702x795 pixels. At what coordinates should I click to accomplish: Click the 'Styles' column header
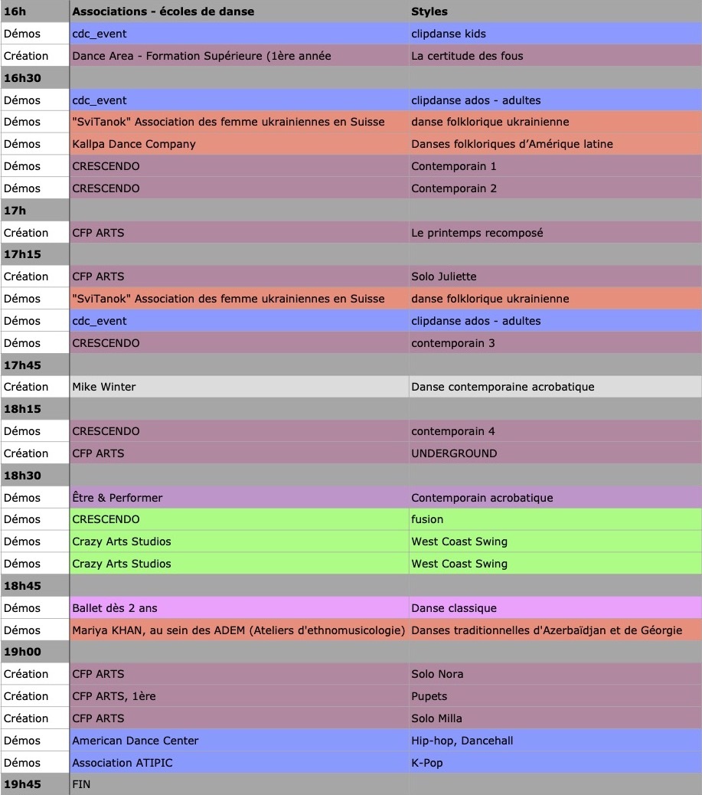click(429, 11)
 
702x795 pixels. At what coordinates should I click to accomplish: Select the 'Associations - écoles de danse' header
click(163, 11)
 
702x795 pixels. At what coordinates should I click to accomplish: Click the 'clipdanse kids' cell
click(449, 34)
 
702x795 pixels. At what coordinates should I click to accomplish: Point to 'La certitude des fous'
click(467, 56)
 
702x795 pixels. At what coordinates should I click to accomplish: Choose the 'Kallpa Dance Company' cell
click(134, 144)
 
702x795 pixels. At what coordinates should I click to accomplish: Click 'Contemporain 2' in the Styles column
click(454, 188)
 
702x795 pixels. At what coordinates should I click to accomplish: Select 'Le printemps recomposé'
click(477, 233)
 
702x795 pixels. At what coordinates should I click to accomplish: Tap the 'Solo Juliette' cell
click(443, 276)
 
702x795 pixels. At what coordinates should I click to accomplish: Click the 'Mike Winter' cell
click(104, 387)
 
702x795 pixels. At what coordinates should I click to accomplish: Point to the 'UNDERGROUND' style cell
click(454, 453)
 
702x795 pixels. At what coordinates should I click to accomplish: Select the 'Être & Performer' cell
click(117, 498)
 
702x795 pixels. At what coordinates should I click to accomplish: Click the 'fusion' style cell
click(427, 519)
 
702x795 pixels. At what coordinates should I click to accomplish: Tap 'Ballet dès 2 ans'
click(115, 608)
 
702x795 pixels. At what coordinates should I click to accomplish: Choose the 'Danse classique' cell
click(454, 608)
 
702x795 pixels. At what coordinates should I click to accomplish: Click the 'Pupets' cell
click(429, 696)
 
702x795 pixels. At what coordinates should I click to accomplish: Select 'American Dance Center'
click(136, 741)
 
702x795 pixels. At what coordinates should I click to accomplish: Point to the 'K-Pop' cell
click(427, 763)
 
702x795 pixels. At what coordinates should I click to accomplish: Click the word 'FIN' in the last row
click(81, 784)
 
